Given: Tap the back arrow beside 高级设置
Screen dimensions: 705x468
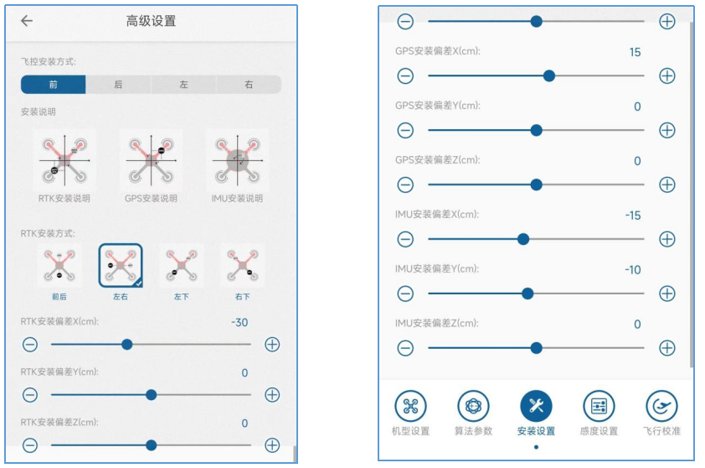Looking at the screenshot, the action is click(27, 21).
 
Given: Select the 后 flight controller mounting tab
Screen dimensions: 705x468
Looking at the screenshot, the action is click(118, 84).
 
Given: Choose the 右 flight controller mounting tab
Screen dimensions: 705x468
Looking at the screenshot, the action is click(249, 84).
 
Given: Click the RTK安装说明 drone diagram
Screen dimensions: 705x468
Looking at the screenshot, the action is click(64, 160).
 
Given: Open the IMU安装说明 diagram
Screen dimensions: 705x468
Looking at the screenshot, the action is click(238, 160).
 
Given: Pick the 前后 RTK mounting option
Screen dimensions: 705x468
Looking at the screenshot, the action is click(59, 266).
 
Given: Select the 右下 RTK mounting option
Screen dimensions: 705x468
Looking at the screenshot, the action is click(243, 266).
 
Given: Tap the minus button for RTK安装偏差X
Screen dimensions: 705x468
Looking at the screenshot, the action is click(30, 345).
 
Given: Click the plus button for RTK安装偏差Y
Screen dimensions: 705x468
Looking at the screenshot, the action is click(272, 395).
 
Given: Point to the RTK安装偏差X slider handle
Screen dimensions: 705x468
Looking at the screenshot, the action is click(127, 345).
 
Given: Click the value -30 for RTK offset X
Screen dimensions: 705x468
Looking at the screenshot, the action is click(239, 323).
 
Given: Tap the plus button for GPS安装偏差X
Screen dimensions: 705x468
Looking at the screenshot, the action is click(667, 75).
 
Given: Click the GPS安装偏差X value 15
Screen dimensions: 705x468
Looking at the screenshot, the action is click(635, 52).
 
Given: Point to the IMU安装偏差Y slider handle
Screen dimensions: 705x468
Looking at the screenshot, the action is click(527, 294).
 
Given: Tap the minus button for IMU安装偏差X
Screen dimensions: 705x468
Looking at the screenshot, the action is click(405, 239).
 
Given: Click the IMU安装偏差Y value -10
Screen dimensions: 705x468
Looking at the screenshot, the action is click(633, 270).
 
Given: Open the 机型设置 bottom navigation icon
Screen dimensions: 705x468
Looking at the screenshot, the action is click(410, 406).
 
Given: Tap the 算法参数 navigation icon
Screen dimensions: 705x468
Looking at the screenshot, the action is click(473, 406).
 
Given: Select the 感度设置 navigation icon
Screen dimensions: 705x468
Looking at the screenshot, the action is click(599, 406).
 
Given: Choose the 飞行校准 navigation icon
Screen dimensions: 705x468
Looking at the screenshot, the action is click(661, 406).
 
